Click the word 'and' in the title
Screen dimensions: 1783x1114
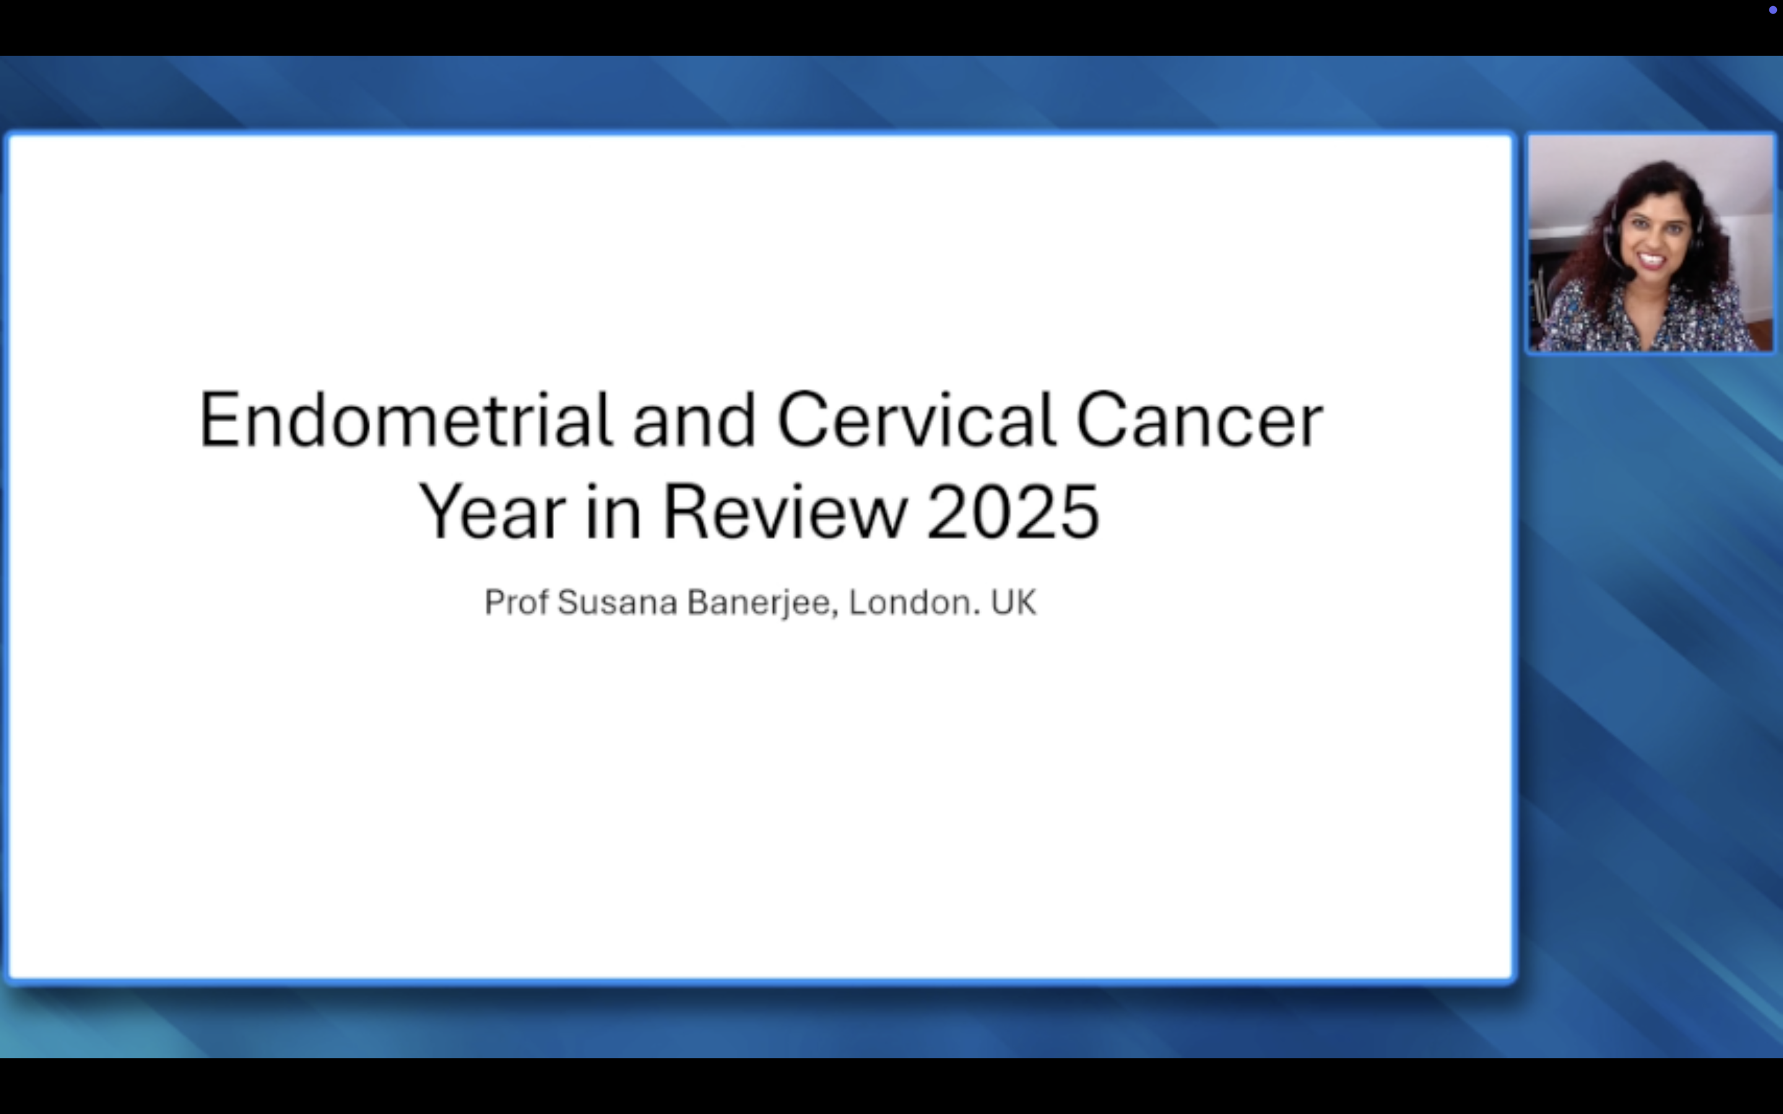tap(694, 420)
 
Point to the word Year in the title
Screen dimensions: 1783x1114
tap(492, 511)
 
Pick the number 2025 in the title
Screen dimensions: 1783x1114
tap(1013, 511)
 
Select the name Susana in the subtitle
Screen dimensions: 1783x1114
tap(617, 603)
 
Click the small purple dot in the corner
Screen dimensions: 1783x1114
tap(1772, 9)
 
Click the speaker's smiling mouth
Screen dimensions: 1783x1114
tap(1651, 260)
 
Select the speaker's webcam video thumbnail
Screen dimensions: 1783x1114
tap(1651, 243)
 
